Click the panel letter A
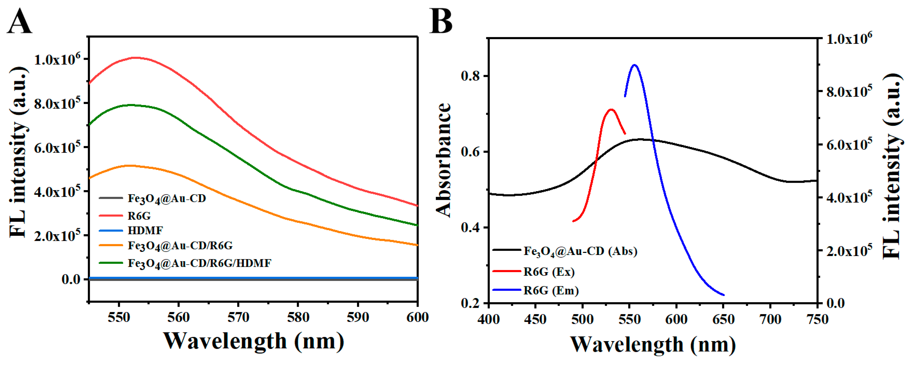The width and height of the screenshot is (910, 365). (x=19, y=22)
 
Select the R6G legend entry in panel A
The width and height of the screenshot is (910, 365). (x=139, y=216)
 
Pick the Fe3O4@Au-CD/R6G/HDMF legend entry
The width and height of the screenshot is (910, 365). (x=199, y=263)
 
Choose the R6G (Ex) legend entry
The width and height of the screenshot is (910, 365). (x=549, y=272)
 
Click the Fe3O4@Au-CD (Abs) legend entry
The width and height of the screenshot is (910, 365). (x=580, y=251)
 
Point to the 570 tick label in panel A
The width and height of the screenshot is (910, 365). (x=238, y=317)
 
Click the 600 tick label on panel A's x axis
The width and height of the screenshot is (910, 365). (x=417, y=317)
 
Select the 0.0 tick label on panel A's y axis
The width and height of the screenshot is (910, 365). (x=71, y=279)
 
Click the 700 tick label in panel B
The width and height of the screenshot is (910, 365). (x=770, y=319)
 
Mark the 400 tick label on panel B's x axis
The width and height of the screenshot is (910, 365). (x=489, y=319)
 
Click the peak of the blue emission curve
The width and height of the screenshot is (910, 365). (x=635, y=65)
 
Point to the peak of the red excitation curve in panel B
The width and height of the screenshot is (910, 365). (x=611, y=109)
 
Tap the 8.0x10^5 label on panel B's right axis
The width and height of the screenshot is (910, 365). (x=849, y=92)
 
